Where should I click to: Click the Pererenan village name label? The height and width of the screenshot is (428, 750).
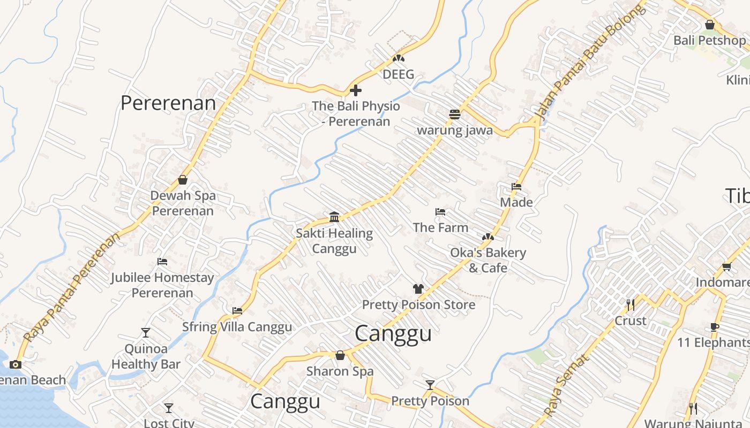168,103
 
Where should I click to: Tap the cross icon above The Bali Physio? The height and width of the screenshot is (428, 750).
355,90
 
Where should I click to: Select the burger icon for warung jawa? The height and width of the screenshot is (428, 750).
455,114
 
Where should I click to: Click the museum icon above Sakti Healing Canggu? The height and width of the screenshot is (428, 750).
334,217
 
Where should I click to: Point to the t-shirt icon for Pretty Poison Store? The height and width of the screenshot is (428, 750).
418,289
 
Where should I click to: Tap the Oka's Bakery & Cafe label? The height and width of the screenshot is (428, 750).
487,260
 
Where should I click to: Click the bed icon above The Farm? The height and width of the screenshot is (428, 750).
440,212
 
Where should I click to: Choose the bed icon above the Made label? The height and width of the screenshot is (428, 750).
516,187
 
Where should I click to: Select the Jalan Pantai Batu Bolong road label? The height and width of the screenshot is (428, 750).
588,64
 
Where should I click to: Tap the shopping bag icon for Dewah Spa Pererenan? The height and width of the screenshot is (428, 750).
183,180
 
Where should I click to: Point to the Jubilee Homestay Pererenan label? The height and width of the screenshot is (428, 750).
162,285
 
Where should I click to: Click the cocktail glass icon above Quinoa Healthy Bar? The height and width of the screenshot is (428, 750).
146,333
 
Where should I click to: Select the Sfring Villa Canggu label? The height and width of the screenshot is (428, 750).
237,327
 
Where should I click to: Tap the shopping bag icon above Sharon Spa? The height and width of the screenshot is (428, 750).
340,355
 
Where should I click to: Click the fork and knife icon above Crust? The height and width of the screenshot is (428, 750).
631,305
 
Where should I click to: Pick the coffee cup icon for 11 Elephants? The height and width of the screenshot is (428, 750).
714,327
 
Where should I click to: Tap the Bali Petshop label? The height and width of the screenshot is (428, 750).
709,40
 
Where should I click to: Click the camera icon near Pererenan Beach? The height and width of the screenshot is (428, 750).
16,364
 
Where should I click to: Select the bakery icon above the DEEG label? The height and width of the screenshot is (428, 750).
398,58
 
